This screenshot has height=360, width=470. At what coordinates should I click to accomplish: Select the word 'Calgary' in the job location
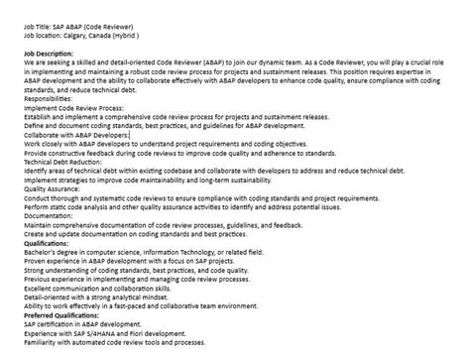tap(85, 31)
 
